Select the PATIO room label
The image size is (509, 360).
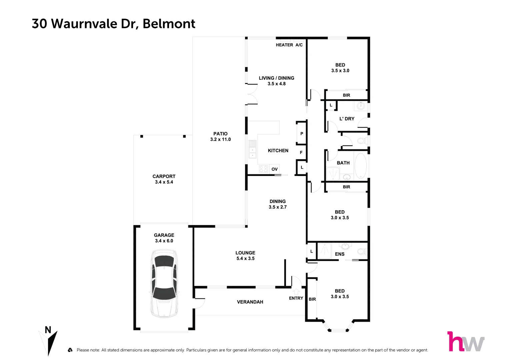(x=220, y=134)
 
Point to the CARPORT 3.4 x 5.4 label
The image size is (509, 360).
(x=164, y=179)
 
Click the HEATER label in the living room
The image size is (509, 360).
(x=284, y=45)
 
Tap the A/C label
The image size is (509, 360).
(x=299, y=45)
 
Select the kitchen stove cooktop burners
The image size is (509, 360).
(x=263, y=169)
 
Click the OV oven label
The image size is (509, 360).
(x=274, y=169)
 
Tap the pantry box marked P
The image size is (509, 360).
(x=302, y=134)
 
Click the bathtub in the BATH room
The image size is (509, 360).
(x=360, y=166)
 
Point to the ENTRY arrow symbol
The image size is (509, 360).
(x=296, y=291)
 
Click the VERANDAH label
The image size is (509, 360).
(x=250, y=302)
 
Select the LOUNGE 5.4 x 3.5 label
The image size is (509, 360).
(x=245, y=256)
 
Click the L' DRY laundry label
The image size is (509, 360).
(x=347, y=119)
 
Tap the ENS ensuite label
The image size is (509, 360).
(x=340, y=254)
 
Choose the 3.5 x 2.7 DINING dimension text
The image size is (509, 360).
(x=278, y=207)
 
